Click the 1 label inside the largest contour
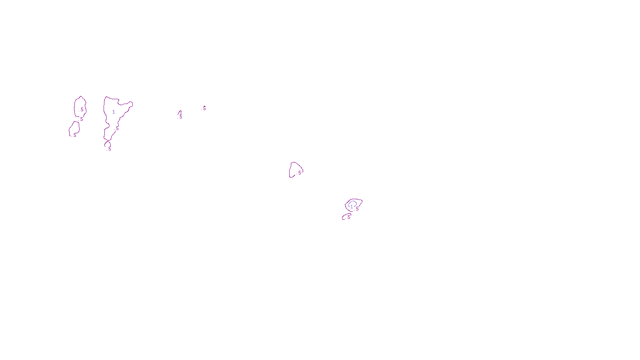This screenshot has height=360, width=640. point(114,112)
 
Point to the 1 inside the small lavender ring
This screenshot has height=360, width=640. point(352,207)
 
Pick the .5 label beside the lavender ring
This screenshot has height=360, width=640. point(357,209)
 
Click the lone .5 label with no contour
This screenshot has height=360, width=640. point(204,108)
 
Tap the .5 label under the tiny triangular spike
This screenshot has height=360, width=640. point(180,117)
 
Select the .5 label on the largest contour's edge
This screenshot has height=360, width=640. point(117,128)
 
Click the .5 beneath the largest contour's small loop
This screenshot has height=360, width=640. point(110,149)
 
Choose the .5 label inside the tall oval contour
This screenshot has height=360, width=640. point(82,110)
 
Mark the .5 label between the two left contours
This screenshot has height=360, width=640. point(81,119)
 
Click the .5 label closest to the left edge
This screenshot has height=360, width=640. point(74,135)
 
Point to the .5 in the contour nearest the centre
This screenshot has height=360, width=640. point(300,173)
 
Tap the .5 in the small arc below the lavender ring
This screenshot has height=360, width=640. point(348,217)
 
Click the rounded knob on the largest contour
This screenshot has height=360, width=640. point(130,104)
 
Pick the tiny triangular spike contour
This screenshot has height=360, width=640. point(180,113)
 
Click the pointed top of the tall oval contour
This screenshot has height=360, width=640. point(81,97)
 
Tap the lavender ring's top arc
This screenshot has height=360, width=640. point(352,202)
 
